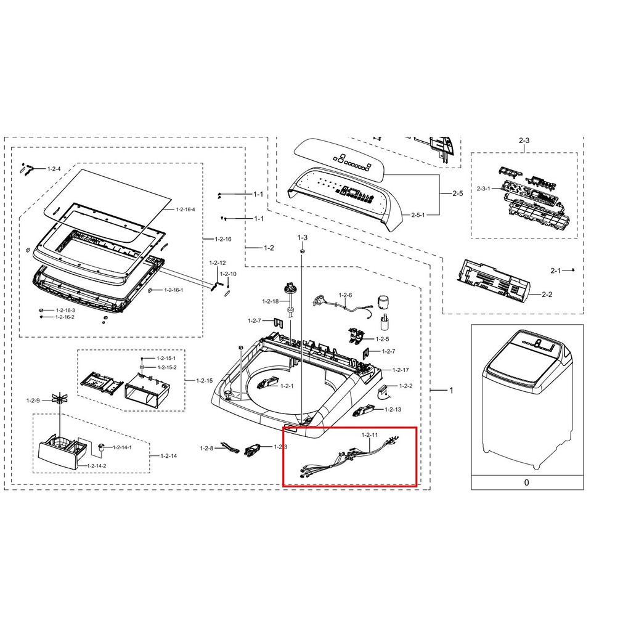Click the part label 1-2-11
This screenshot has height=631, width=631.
[x=370, y=435]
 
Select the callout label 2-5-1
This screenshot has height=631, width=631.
[x=418, y=215]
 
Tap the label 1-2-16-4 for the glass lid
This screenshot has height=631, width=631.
[x=185, y=210]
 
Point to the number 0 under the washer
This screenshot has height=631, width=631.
[x=527, y=482]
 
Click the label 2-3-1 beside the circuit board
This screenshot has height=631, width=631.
[x=483, y=189]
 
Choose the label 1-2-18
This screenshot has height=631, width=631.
[x=270, y=301]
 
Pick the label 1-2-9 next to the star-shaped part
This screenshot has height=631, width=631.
[x=33, y=401]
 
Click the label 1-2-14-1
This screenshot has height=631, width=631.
[x=122, y=447]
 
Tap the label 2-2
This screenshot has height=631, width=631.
[x=547, y=295]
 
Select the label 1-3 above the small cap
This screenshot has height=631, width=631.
[x=302, y=237]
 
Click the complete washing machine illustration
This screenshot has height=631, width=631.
[x=527, y=399]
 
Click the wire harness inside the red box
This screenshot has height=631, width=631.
[x=349, y=457]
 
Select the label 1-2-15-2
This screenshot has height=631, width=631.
[x=166, y=367]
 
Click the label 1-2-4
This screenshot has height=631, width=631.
[x=54, y=169]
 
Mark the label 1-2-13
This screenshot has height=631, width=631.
[x=393, y=409]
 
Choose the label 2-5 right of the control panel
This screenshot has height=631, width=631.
[x=458, y=193]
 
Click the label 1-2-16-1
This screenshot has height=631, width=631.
[x=173, y=290]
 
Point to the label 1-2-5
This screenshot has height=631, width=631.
[x=382, y=339]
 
